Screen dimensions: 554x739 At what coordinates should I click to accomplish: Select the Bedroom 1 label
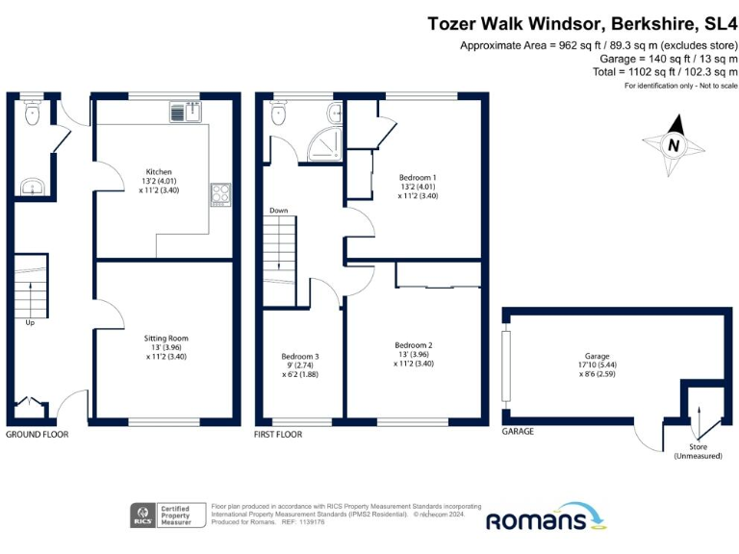pyautogui.click(x=418, y=178)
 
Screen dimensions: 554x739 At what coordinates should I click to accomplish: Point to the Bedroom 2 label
pyautogui.click(x=414, y=345)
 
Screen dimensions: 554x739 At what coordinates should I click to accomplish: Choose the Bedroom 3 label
pyautogui.click(x=299, y=357)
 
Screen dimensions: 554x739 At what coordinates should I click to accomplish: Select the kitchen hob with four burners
pyautogui.click(x=219, y=193)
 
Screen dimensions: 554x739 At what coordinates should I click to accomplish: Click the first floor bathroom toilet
pyautogui.click(x=280, y=114)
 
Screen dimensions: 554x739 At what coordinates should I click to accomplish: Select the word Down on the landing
pyautogui.click(x=279, y=210)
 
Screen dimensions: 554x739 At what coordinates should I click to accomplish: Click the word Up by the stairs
pyautogui.click(x=30, y=323)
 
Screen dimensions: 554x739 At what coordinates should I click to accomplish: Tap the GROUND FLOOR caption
pyautogui.click(x=38, y=435)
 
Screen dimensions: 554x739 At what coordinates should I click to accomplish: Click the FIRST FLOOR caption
pyautogui.click(x=278, y=435)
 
